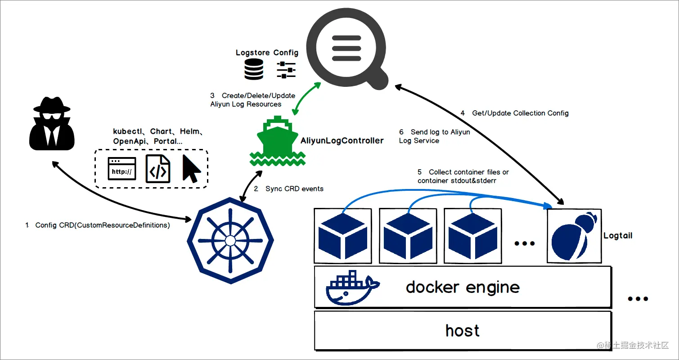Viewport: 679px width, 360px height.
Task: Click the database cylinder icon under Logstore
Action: coord(254,70)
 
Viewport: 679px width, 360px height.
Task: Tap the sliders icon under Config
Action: coord(286,70)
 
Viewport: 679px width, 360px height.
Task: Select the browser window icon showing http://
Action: coord(122,169)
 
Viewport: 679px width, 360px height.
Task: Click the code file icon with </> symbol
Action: coord(158,169)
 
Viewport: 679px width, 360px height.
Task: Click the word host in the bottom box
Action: coord(463,331)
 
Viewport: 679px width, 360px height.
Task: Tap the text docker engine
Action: coord(463,287)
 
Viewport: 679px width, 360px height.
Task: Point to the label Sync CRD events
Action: coord(294,189)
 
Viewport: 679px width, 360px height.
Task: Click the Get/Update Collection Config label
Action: coord(520,113)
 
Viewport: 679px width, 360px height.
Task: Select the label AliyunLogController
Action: coord(342,140)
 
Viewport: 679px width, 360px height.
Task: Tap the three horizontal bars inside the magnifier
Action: coord(346,49)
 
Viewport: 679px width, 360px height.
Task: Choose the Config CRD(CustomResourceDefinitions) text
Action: coord(102,225)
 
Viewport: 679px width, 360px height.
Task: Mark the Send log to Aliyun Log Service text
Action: coord(434,136)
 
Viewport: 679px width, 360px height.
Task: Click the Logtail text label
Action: coord(617,235)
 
